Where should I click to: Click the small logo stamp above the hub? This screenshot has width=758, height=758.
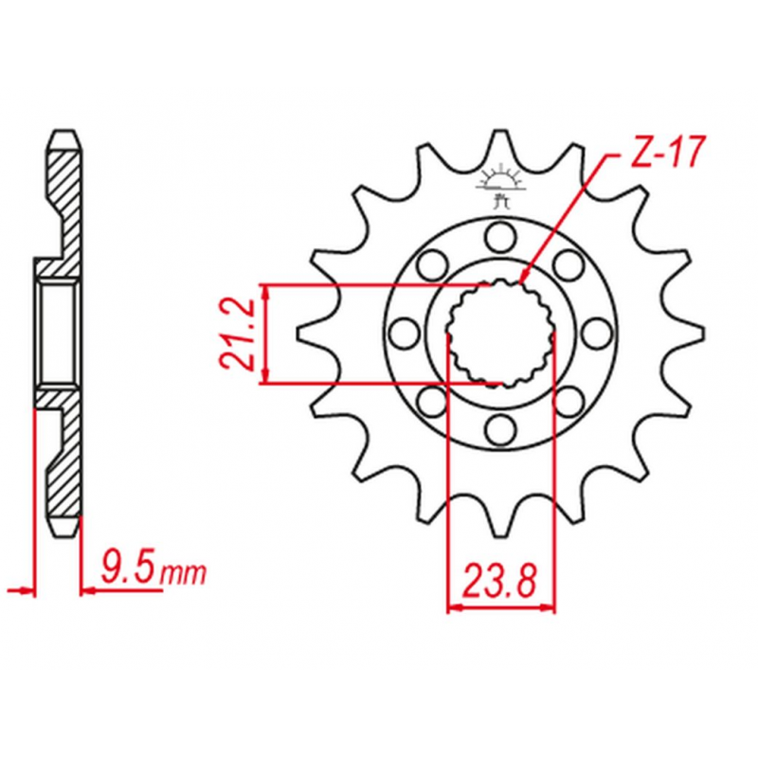pos(501,187)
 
